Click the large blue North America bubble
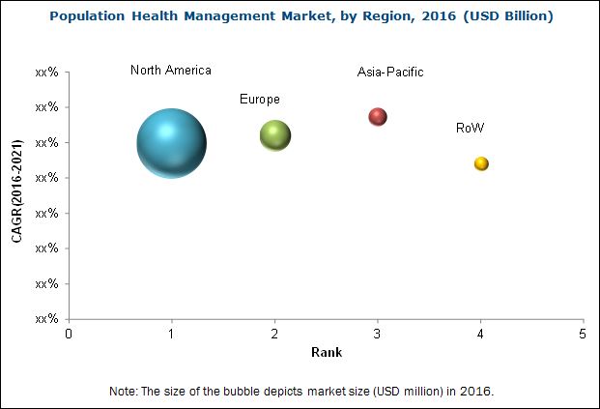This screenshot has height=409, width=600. click(x=171, y=143)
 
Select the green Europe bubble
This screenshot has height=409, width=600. click(x=275, y=135)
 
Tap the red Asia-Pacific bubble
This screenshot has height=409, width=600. click(x=378, y=117)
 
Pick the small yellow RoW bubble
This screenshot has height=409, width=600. click(x=481, y=163)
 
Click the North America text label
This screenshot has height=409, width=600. click(x=171, y=71)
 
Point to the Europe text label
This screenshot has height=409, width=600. click(x=260, y=100)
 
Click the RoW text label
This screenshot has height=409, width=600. click(x=471, y=128)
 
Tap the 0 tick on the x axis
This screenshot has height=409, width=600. click(x=69, y=334)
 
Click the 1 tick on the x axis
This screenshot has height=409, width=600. click(x=172, y=334)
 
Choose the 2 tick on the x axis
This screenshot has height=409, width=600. click(x=275, y=334)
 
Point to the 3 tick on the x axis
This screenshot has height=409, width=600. click(x=378, y=334)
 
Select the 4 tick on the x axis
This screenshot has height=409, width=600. click(x=481, y=334)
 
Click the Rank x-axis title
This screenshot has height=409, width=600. click(x=326, y=353)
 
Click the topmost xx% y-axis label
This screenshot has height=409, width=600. click(x=46, y=72)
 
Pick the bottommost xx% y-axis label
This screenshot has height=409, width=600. click(x=46, y=319)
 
